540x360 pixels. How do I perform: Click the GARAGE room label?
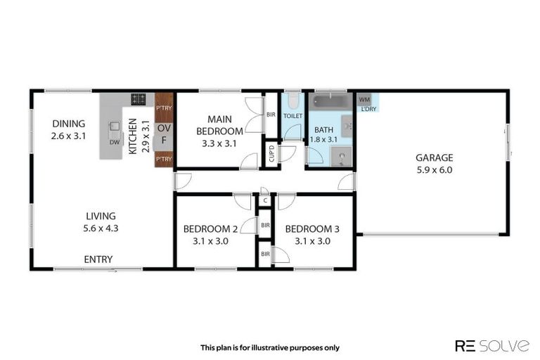(x=434, y=157)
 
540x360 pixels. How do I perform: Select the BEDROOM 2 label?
(x=210, y=229)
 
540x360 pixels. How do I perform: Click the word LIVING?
(x=101, y=216)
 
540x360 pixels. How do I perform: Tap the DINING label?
(x=68, y=124)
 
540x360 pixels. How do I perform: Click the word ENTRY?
(x=98, y=259)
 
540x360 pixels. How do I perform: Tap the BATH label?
(x=323, y=129)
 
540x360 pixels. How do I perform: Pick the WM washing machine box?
(x=364, y=99)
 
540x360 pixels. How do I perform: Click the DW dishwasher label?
(x=114, y=142)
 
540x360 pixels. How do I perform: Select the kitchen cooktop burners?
(x=138, y=99)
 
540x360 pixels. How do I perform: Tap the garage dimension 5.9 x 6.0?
(x=434, y=169)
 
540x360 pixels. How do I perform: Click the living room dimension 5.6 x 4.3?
(x=101, y=228)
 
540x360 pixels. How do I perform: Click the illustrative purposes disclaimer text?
(x=270, y=347)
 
